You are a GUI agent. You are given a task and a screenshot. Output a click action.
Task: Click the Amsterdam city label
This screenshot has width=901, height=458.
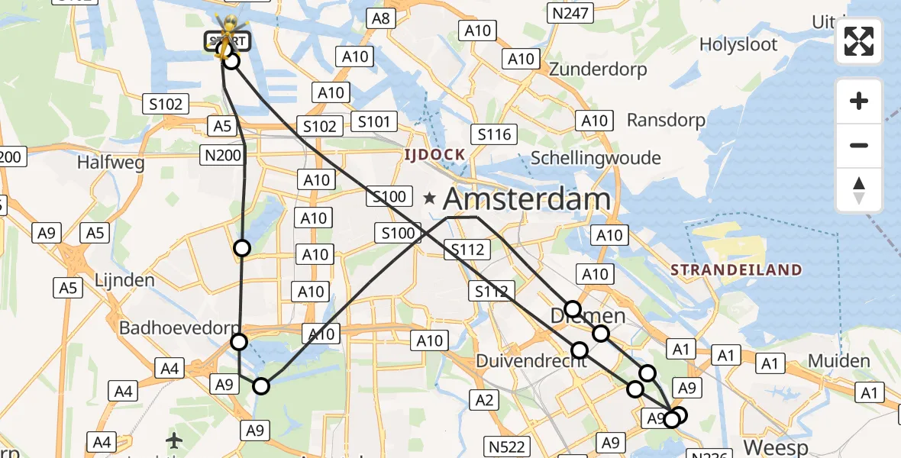[526, 199]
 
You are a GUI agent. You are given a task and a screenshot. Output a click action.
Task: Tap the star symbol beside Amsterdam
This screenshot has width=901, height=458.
[430, 198]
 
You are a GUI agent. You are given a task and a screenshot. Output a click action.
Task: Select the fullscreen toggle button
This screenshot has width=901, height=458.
[859, 42]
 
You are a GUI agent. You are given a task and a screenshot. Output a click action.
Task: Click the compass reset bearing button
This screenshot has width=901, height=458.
[859, 190]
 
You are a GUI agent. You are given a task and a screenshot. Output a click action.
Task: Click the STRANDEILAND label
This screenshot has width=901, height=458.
[736, 269]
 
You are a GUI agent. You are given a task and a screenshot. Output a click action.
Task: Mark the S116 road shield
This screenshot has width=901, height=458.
[494, 134]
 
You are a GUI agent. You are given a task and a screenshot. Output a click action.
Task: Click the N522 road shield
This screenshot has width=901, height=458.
[506, 447]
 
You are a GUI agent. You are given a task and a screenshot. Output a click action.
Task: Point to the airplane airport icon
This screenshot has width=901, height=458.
[175, 440]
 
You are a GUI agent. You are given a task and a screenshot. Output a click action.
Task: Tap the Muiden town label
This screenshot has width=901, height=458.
[838, 361]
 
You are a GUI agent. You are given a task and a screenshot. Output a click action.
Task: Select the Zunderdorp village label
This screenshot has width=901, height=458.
[598, 69]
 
